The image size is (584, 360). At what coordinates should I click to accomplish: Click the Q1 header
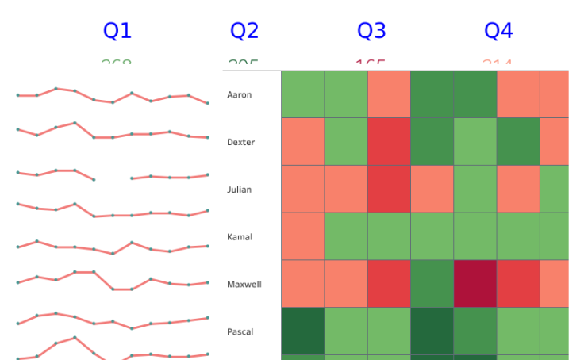coord(117,31)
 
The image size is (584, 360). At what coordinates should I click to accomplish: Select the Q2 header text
coord(244,31)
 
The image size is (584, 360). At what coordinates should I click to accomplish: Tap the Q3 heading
coord(371,31)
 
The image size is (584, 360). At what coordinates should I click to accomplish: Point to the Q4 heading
coord(498,31)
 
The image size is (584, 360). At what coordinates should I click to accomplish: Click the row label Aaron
coord(239,95)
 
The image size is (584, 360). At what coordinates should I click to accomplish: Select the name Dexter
coord(240,142)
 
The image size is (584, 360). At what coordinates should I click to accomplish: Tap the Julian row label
coord(239,190)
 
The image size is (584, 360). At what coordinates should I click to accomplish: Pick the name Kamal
coord(240,237)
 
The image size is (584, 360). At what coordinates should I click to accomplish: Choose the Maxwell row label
coord(244,284)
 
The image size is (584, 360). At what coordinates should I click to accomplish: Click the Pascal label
coord(240,331)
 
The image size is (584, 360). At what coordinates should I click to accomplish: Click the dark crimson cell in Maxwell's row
coord(475,284)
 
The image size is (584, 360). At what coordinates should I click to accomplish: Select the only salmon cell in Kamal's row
coord(303,236)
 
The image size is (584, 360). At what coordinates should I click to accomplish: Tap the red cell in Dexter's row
coord(389,142)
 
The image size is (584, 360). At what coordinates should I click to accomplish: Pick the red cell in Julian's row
coord(389,189)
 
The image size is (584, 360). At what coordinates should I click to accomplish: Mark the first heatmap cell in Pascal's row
coord(303,331)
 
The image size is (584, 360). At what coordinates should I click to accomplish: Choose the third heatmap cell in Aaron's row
coord(389,94)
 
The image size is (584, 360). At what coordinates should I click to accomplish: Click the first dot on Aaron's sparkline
coord(17,95)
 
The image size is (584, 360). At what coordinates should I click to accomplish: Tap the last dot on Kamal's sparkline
coord(208,246)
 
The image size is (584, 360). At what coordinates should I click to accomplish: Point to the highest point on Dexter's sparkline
coord(75,123)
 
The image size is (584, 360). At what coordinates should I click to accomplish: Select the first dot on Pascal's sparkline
coord(17,323)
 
